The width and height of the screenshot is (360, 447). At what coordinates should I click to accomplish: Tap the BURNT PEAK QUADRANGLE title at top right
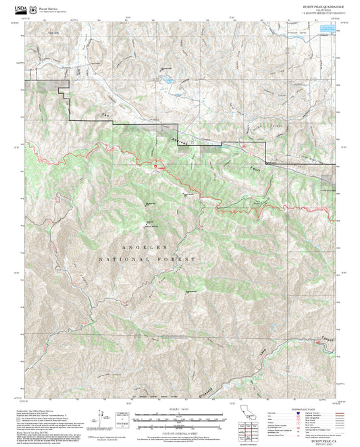322,5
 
